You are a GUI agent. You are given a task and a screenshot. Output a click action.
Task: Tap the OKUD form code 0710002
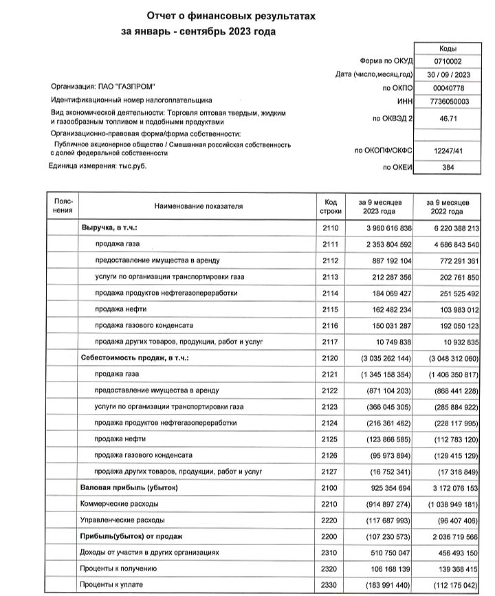[452, 61]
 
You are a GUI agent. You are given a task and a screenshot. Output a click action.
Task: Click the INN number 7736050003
[452, 100]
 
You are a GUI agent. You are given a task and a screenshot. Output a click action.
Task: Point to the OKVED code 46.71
[452, 118]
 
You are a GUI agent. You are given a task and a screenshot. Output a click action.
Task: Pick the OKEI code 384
[452, 166]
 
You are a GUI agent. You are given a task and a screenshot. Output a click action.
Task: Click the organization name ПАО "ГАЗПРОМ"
[103, 87]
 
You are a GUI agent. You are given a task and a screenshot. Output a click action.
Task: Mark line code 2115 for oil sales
[331, 309]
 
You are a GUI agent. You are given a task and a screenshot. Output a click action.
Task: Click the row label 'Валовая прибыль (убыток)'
[129, 488]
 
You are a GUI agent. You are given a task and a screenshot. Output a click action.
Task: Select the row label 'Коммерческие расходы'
[119, 505]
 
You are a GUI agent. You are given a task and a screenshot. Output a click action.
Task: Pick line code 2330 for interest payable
[331, 586]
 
